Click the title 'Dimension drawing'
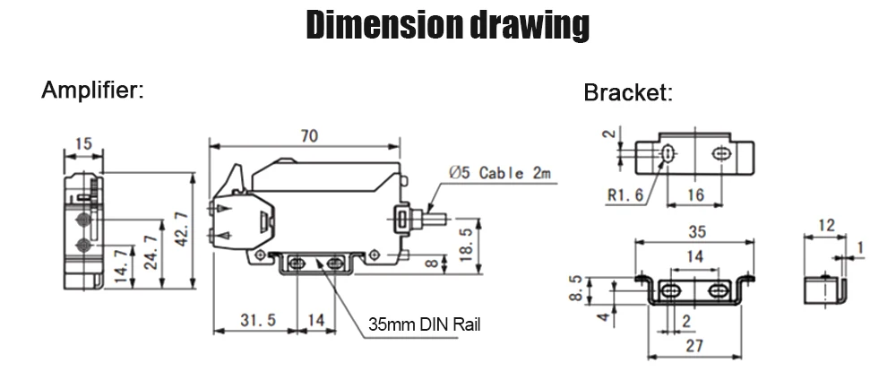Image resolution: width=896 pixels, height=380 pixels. [x=447, y=26]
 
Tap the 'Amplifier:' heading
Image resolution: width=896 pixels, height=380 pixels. [x=92, y=90]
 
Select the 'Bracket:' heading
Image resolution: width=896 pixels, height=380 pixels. [x=628, y=92]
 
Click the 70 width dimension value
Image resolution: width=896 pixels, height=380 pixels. [x=309, y=136]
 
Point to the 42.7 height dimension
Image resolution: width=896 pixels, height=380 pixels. [x=182, y=229]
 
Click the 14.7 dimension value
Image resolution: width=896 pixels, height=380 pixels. [x=120, y=265]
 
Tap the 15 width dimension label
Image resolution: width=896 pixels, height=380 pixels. [x=83, y=143]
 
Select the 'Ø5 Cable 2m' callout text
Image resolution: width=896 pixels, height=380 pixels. [x=501, y=173]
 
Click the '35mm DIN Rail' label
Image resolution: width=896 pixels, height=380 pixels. [x=424, y=324]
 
